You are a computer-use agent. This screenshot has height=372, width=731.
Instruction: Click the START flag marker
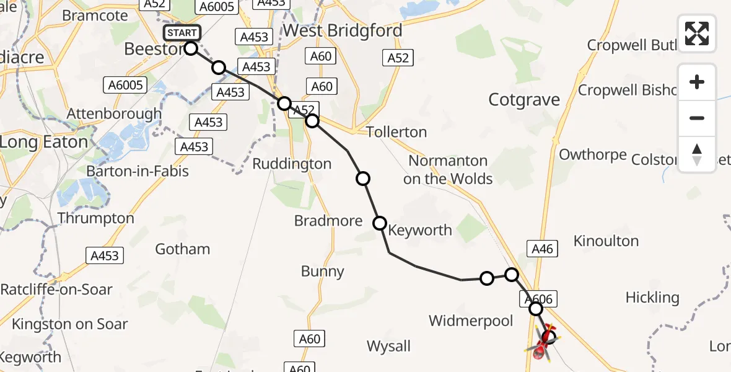point(182,33)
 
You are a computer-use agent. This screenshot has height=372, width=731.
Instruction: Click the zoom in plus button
point(697,82)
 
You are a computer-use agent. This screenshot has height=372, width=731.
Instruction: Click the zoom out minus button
point(697,118)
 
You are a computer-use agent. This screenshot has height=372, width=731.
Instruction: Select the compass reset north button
point(697,154)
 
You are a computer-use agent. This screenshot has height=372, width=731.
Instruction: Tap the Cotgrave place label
point(524,100)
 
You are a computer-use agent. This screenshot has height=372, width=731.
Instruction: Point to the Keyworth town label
point(420,230)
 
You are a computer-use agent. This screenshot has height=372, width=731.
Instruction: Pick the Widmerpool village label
point(471,321)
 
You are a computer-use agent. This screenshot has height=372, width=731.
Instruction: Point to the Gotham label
point(182,249)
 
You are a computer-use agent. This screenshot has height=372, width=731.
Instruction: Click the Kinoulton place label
point(606,241)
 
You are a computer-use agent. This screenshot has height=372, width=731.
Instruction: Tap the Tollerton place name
point(396,132)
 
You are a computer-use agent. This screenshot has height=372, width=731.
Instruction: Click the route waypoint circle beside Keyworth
point(379,223)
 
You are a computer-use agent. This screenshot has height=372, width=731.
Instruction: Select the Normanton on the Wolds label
point(448,170)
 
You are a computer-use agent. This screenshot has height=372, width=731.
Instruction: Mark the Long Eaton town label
point(43,142)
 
